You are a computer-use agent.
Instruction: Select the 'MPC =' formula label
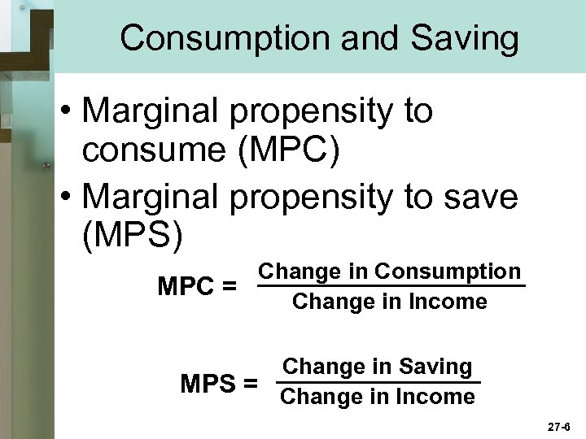coord(198,287)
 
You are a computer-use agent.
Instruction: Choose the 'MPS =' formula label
coord(220,383)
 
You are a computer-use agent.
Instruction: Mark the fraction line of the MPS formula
coord(378,381)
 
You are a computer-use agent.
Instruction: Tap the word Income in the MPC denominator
coord(448,302)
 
